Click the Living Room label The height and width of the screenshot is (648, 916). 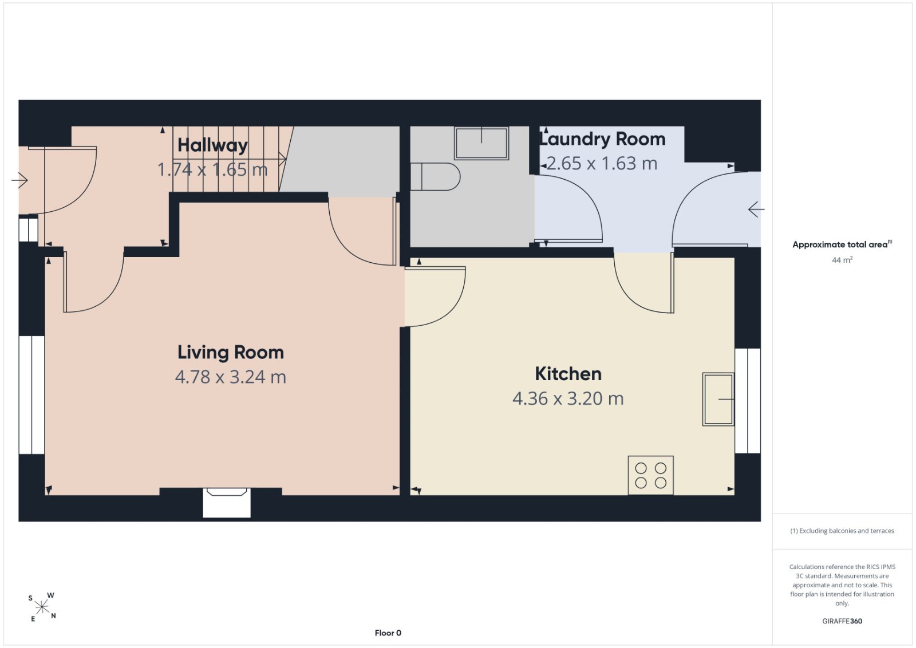pyautogui.click(x=231, y=353)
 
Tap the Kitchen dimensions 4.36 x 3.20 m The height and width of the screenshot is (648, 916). pyautogui.click(x=568, y=398)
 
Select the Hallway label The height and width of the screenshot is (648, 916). pyautogui.click(x=212, y=145)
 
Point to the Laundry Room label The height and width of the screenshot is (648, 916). pyautogui.click(x=603, y=139)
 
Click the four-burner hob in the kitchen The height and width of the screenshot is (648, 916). pyautogui.click(x=650, y=475)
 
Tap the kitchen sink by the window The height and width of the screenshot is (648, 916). pyautogui.click(x=718, y=400)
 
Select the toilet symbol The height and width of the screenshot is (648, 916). pyautogui.click(x=436, y=177)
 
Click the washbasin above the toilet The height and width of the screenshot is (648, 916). pyautogui.click(x=481, y=143)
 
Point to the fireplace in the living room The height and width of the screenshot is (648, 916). pyautogui.click(x=227, y=503)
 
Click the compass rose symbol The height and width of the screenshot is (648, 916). pyautogui.click(x=42, y=607)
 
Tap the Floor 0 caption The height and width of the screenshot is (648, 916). pyautogui.click(x=388, y=633)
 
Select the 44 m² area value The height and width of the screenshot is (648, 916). pyautogui.click(x=842, y=260)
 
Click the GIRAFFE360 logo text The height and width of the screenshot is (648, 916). pyautogui.click(x=842, y=621)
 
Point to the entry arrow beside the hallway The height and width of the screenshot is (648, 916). pyautogui.click(x=19, y=180)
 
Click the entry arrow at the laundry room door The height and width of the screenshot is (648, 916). pyautogui.click(x=756, y=210)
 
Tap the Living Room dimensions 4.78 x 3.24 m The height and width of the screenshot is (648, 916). pyautogui.click(x=231, y=377)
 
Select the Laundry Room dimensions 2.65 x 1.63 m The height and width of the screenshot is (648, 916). pyautogui.click(x=602, y=164)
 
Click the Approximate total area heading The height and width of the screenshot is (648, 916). pyautogui.click(x=842, y=244)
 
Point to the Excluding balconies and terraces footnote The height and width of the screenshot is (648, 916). pyautogui.click(x=842, y=531)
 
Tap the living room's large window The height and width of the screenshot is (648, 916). pyautogui.click(x=31, y=395)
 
